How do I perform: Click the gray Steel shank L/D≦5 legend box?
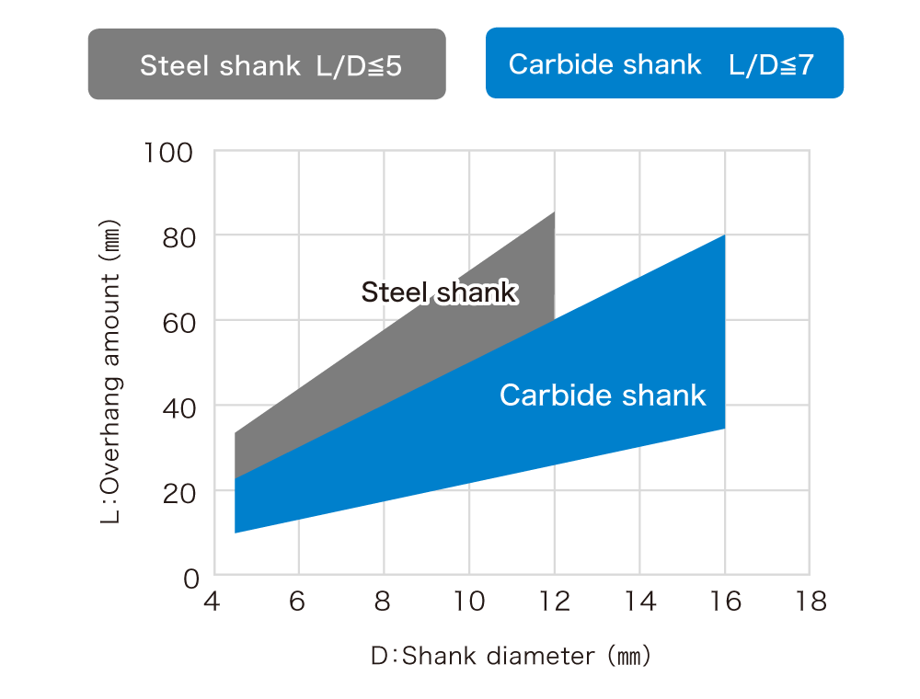pyautogui.click(x=267, y=63)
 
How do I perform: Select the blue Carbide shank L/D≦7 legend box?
pyautogui.click(x=664, y=63)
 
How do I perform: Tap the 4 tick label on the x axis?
pyautogui.click(x=214, y=602)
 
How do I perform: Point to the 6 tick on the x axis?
pyautogui.click(x=298, y=602)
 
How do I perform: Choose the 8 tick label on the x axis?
pyautogui.click(x=384, y=602)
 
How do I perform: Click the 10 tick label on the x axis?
pyautogui.click(x=469, y=602)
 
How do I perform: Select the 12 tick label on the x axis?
pyautogui.click(x=555, y=602)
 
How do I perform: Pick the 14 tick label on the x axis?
pyautogui.click(x=639, y=602)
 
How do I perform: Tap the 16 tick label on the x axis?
pyautogui.click(x=725, y=602)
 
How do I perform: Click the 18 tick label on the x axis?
pyautogui.click(x=810, y=602)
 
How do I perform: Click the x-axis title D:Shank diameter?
pyautogui.click(x=511, y=657)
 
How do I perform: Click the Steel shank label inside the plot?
pyautogui.click(x=440, y=292)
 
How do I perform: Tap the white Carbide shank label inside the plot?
pyautogui.click(x=603, y=395)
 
